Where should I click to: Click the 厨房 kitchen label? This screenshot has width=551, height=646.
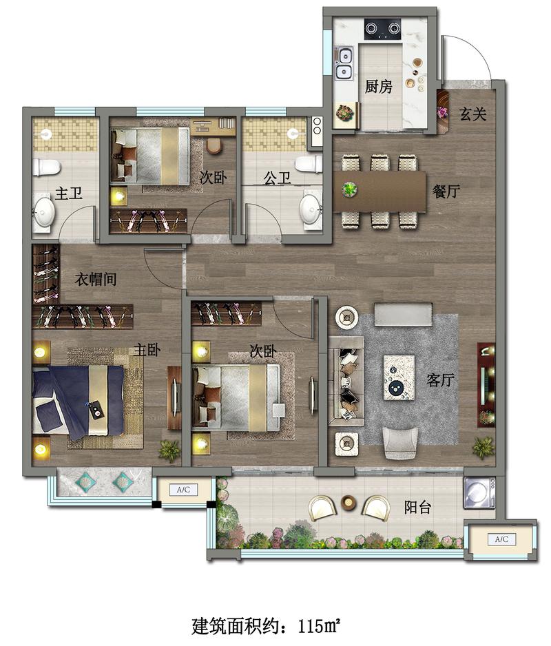pos(378,87)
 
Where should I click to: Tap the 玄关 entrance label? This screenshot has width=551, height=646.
pos(472,114)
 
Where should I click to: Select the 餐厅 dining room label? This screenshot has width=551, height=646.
pos(446,191)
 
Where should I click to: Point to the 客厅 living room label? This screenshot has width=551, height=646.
pos(441,379)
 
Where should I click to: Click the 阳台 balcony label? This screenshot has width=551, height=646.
pos(417,507)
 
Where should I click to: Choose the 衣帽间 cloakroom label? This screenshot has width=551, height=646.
pos(96,280)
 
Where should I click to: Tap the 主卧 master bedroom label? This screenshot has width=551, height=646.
pos(147,350)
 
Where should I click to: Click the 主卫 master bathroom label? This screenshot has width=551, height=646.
pos(68,193)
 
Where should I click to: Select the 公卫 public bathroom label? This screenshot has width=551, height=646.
pos(277,178)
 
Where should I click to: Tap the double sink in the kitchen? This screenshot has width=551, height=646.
pos(343,63)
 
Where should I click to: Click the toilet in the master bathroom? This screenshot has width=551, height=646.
pos(46,167)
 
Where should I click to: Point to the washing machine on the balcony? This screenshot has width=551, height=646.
pos(479,492)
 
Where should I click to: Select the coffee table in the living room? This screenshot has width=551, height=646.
pos(399,377)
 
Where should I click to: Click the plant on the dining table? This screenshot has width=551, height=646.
pos(349,189)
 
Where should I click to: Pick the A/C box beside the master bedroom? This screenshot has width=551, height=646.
pos(183,490)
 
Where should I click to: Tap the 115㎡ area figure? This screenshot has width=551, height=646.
pos(319,626)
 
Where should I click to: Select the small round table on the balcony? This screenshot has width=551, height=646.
pos(349,502)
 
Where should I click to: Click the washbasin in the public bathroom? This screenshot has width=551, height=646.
pos(310,208)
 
